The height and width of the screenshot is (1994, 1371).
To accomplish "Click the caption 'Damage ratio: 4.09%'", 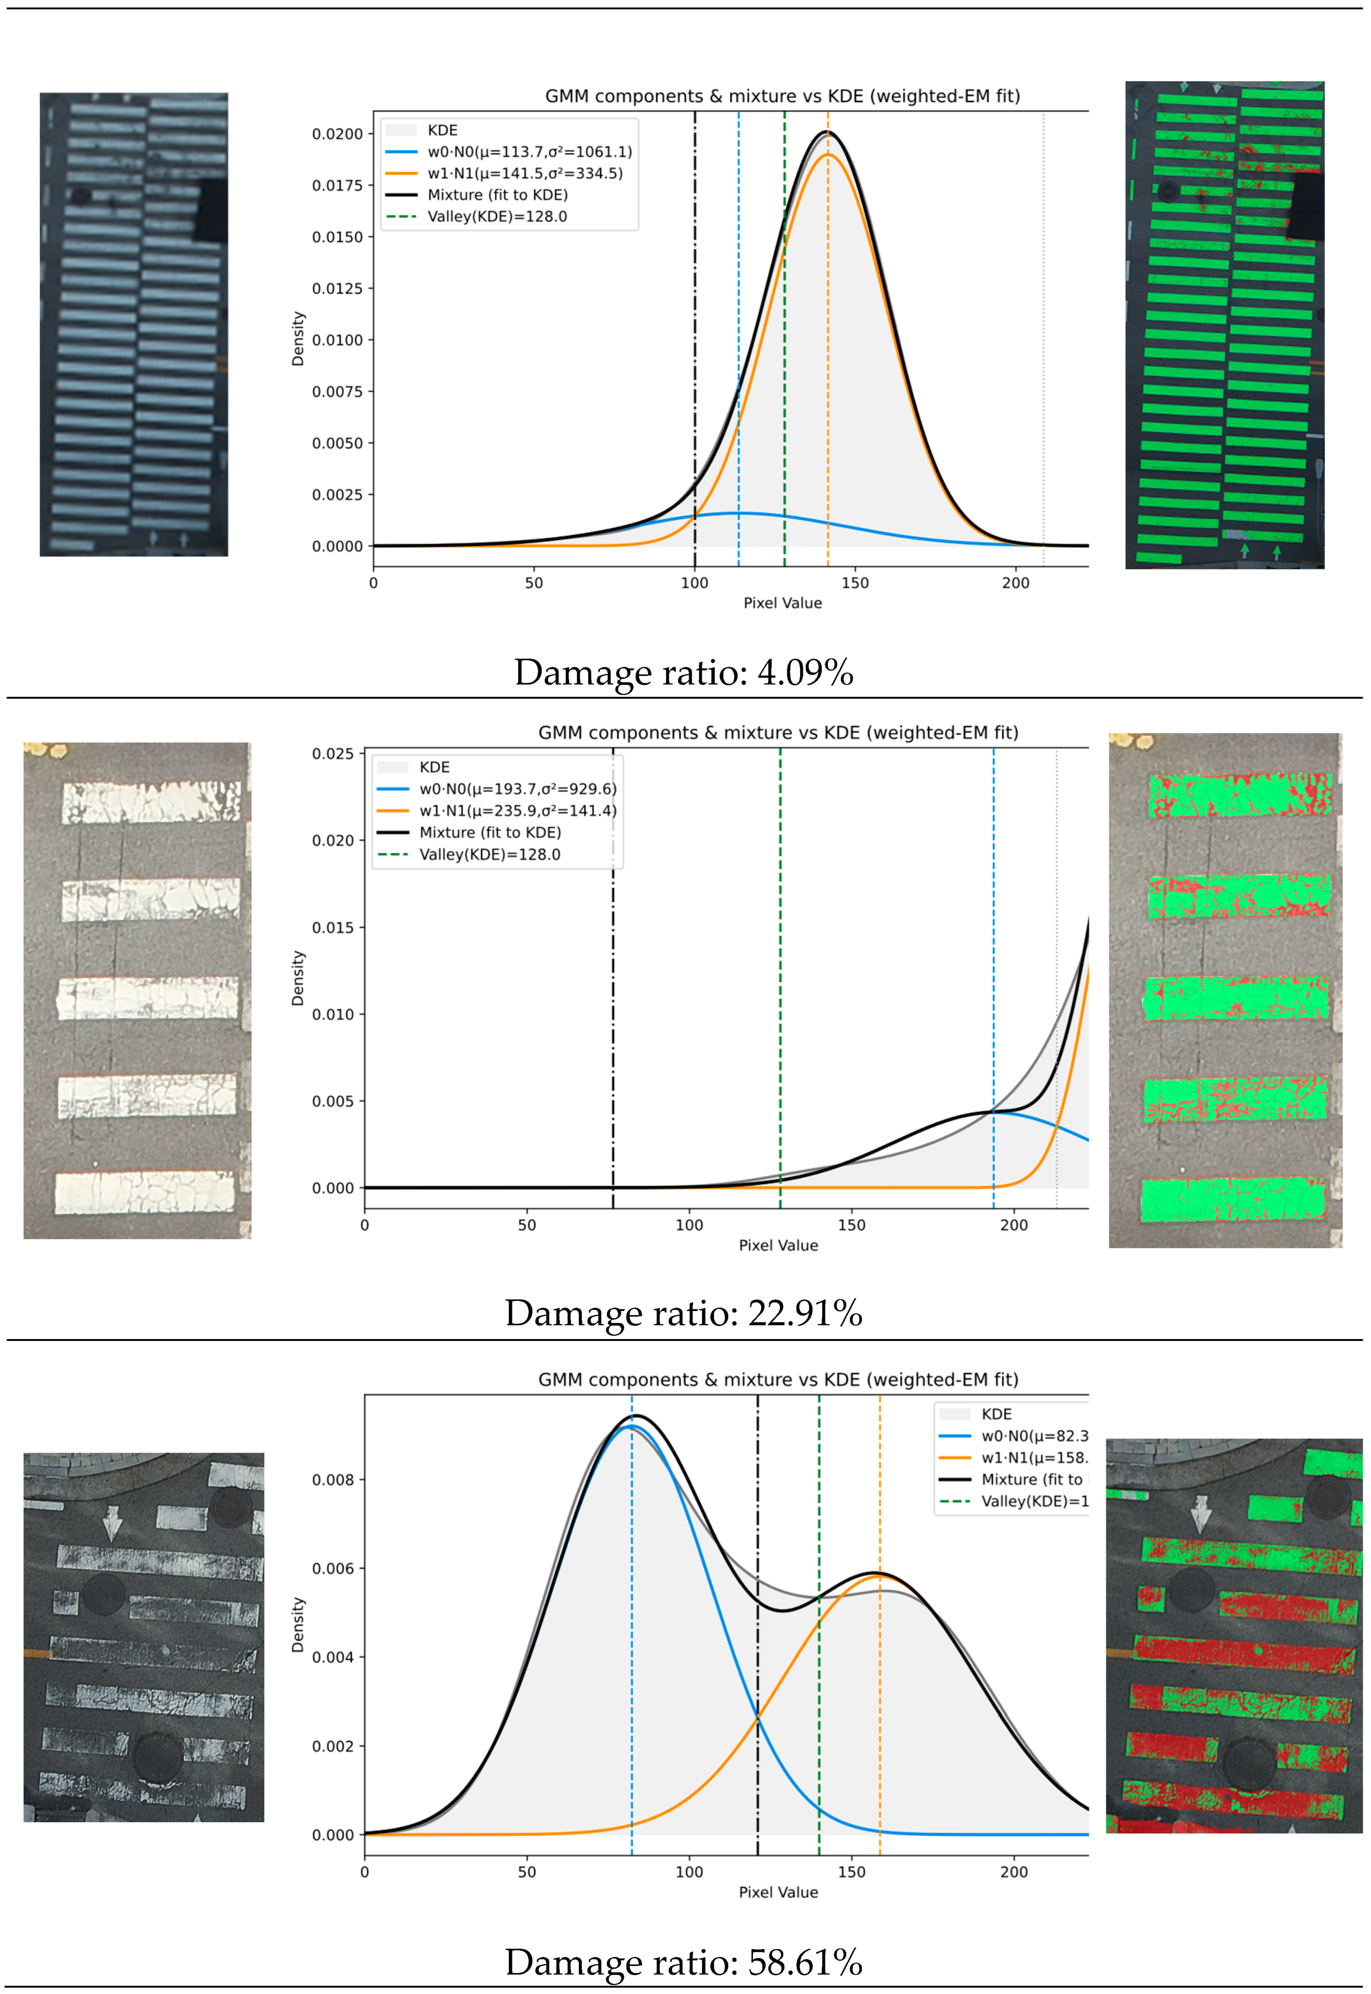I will tap(684, 672).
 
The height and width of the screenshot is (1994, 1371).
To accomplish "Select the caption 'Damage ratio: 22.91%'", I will tap(684, 1313).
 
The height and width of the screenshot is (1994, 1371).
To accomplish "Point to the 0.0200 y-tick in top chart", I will tap(337, 134).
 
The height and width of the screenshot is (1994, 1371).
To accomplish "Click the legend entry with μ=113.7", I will tap(529, 152).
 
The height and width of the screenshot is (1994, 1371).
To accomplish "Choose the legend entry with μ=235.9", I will tap(517, 811).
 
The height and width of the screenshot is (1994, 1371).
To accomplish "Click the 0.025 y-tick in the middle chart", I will tap(332, 754).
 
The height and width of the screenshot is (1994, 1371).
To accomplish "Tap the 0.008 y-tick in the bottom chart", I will tap(332, 1480).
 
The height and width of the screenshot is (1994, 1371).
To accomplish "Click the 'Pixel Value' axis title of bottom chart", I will tap(778, 1892).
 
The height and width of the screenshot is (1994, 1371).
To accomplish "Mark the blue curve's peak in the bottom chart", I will tap(631, 1426).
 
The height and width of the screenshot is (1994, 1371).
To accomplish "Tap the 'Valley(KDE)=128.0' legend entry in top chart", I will tap(496, 217).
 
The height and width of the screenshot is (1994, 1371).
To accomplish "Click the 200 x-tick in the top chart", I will tap(1015, 583).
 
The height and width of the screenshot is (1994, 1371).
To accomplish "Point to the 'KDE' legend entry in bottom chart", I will tap(997, 1414).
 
